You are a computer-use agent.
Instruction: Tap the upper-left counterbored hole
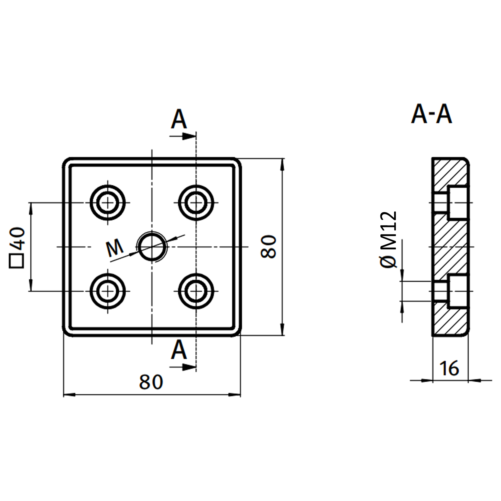(x=108, y=203)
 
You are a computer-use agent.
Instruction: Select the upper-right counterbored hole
(x=196, y=203)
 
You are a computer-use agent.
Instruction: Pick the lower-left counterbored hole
(x=108, y=291)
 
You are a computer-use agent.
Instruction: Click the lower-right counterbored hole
(x=196, y=291)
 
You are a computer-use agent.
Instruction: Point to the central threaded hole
(x=152, y=247)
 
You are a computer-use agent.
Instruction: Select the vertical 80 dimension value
(x=268, y=247)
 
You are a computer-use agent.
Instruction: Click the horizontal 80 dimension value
(x=151, y=382)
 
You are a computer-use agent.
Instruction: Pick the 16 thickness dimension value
(x=449, y=368)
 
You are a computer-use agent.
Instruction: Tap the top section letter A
(x=179, y=120)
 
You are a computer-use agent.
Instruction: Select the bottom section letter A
(x=179, y=350)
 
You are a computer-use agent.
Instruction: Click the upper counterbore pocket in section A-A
(x=458, y=203)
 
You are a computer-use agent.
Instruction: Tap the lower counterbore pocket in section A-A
(x=458, y=291)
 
